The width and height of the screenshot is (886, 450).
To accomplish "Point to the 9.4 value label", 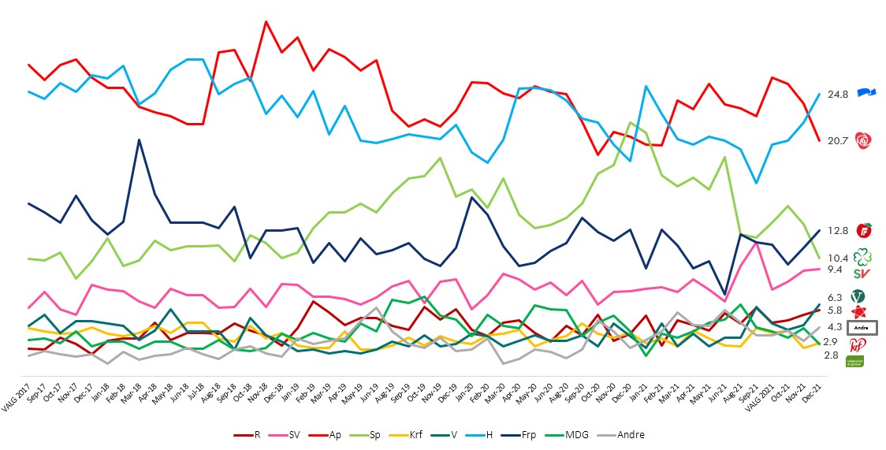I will [834, 270].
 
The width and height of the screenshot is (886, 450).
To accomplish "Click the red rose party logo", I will [865, 141].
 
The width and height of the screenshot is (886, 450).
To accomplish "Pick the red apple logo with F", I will [865, 231].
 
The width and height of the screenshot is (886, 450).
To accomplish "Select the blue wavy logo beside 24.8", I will [866, 94].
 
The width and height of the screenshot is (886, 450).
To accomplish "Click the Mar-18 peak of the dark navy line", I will [139, 139].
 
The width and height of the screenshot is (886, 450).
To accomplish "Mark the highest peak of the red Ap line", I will [266, 21].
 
